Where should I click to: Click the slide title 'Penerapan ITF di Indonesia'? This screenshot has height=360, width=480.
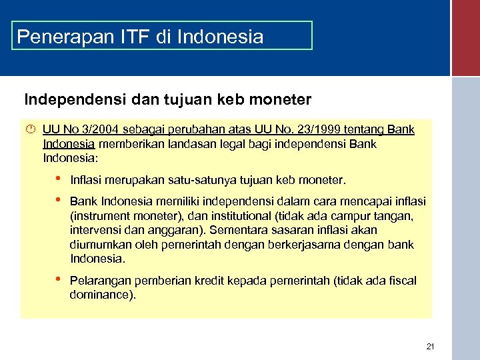coord(140,36)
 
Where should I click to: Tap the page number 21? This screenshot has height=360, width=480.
coord(430,347)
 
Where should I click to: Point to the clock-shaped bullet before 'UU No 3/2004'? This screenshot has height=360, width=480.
coord(29,129)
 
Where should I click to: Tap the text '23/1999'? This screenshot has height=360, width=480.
coord(307,129)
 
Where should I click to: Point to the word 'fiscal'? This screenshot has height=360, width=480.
coord(401,281)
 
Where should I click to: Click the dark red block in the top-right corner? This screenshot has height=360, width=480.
coord(465,37)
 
